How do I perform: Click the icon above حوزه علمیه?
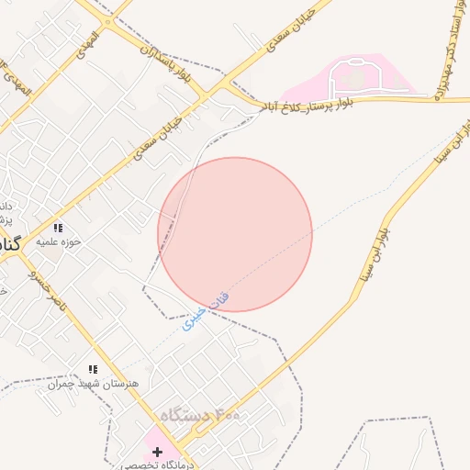pos(57,228)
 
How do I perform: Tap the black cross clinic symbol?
pos(158,452)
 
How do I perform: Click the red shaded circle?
pos(235,234)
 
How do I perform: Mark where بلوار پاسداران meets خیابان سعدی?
pos(219,87)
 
